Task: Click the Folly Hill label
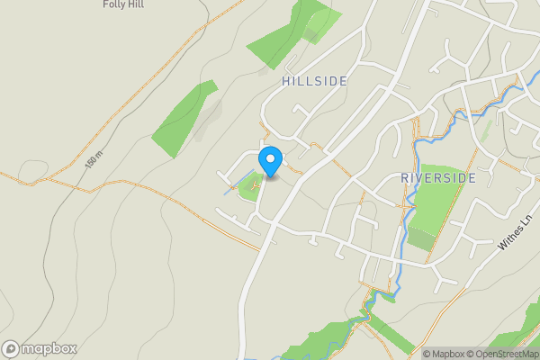tap(123, 4)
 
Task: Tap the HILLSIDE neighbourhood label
tap(314, 81)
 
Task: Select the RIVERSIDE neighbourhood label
tap(437, 178)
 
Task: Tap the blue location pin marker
tap(270, 161)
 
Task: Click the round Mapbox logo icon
tap(11, 349)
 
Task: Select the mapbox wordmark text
tap(49, 349)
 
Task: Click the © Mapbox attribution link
tap(446, 354)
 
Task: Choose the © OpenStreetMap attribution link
tap(506, 354)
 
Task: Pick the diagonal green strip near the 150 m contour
tap(183, 119)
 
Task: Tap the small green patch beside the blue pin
tap(247, 188)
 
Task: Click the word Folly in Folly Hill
tap(113, 4)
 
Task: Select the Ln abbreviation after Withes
tap(527, 220)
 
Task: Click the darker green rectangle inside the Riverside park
tap(421, 239)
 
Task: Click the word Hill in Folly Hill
tap(135, 4)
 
